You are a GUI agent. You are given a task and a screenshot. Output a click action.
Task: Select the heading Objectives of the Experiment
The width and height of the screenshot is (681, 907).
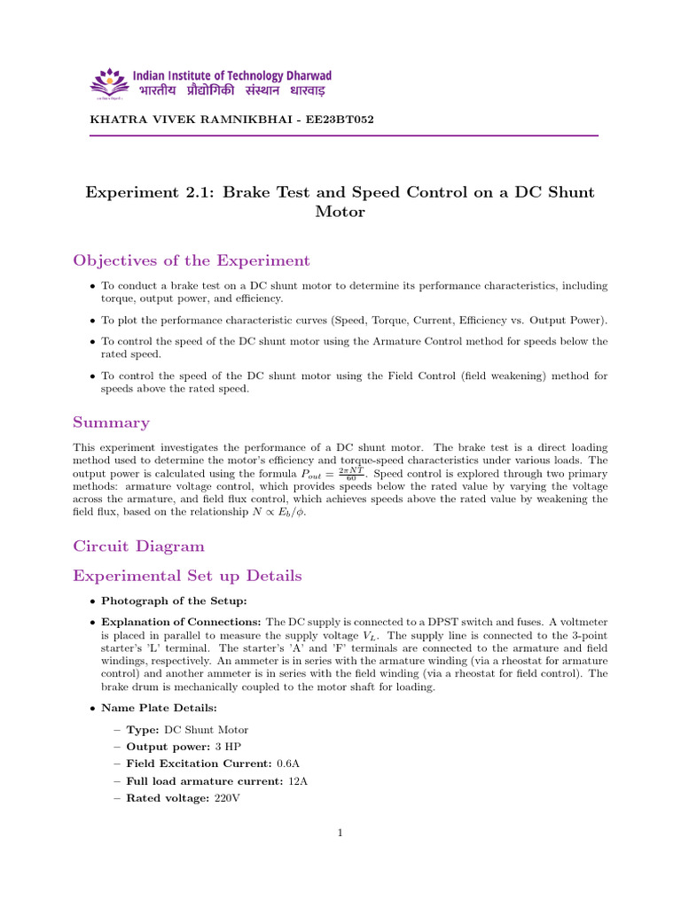[192, 260]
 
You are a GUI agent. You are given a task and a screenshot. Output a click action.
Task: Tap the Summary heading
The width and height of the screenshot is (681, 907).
[111, 422]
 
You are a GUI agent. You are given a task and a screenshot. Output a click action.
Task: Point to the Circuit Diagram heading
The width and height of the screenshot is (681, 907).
[138, 546]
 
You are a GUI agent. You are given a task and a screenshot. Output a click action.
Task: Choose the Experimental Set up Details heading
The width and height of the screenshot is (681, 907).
[187, 576]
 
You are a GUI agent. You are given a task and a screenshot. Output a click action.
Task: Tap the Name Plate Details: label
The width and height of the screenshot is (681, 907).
[151, 708]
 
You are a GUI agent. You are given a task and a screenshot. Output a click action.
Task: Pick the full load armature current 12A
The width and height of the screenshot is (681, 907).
[297, 781]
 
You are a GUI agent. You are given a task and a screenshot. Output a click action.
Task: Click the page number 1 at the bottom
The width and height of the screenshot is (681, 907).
[340, 833]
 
